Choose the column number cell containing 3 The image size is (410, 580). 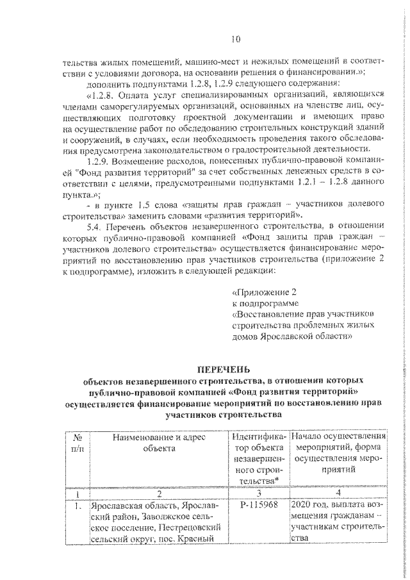[x=258, y=493]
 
